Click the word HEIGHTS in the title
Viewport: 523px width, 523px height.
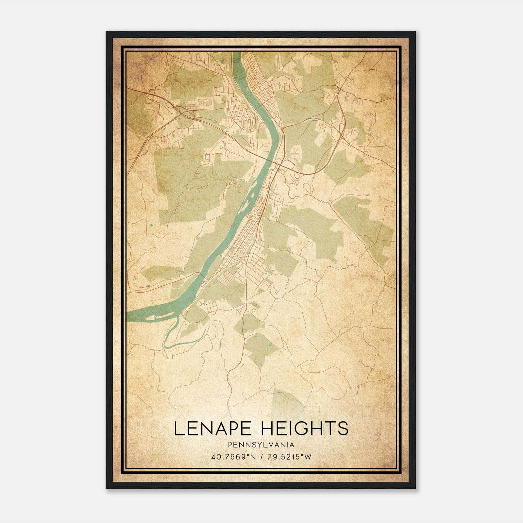(x=305, y=429)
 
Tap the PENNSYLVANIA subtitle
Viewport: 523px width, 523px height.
(x=261, y=445)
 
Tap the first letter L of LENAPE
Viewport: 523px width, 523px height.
(x=178, y=429)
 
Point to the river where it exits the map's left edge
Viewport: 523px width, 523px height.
(x=128, y=316)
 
